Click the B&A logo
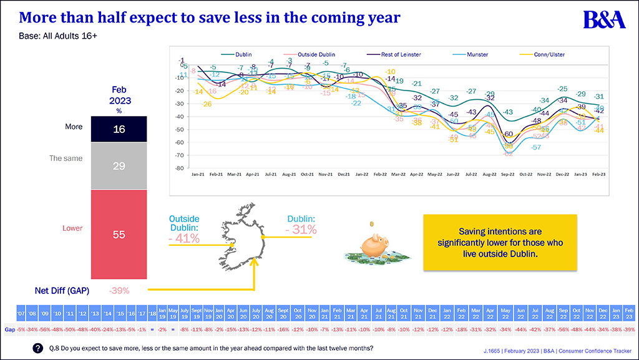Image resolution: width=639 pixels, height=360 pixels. [x=604, y=19]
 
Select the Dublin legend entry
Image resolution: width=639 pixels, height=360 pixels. [x=242, y=55]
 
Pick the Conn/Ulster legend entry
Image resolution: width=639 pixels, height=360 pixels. [x=549, y=55]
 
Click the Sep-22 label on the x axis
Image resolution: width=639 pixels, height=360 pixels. [x=509, y=175]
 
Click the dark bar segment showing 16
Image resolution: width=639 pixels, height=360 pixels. [x=119, y=129]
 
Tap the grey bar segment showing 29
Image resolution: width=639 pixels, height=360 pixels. [x=119, y=165]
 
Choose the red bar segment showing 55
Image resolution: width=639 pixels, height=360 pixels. [x=119, y=235]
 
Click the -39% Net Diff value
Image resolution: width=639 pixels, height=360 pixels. [x=119, y=290]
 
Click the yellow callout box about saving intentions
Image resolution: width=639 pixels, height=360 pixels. [x=499, y=243]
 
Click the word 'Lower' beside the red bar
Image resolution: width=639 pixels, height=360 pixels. [x=72, y=228]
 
